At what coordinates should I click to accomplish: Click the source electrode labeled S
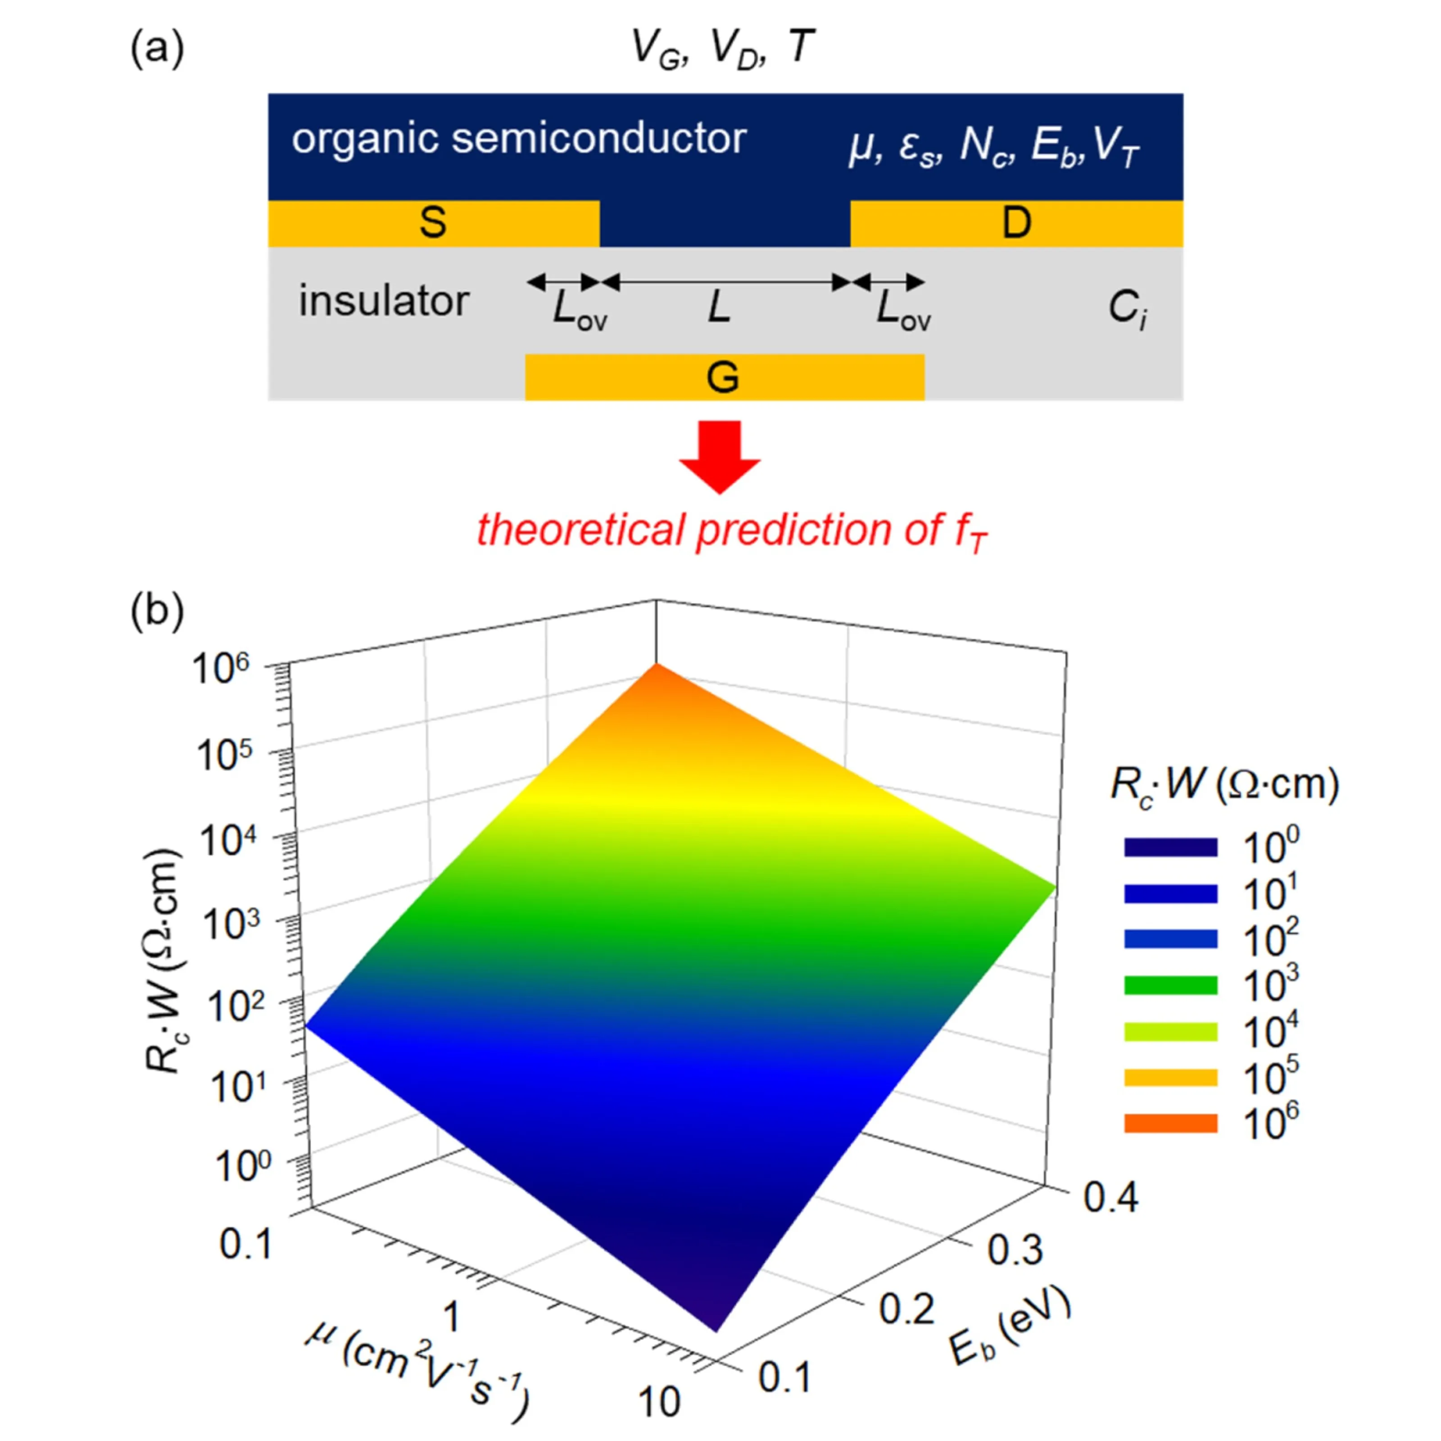[433, 223]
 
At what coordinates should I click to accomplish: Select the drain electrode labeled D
[1016, 223]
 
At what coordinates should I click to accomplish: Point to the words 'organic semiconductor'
[519, 139]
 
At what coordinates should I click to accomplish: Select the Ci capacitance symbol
[1126, 309]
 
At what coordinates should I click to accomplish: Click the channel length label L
[719, 307]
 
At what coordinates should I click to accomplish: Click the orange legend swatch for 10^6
[1170, 1123]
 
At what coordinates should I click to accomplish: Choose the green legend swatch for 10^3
[1170, 985]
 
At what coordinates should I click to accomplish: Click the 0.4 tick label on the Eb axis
[1110, 1198]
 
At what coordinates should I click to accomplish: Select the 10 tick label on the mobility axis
[659, 1402]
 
